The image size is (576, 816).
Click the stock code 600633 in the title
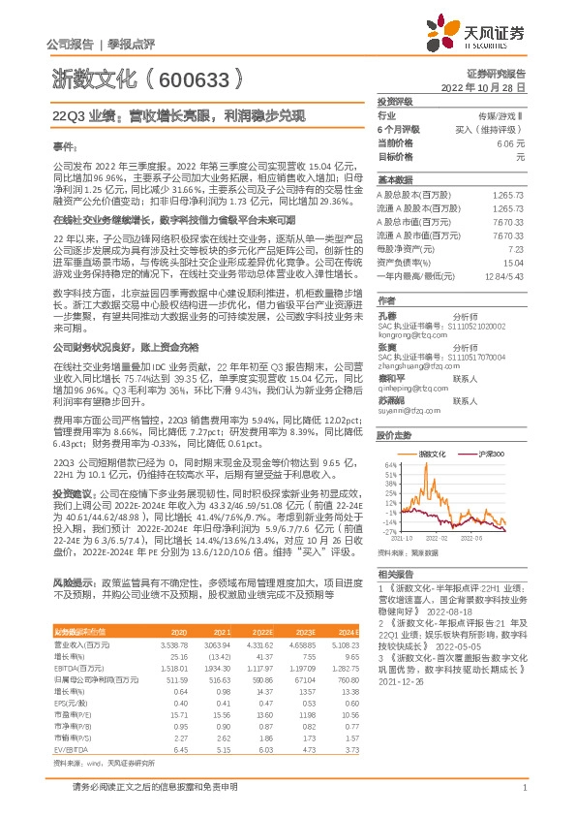pos(194,78)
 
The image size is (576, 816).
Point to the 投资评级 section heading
pos(394,101)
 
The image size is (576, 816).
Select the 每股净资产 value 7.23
pos(516,249)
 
